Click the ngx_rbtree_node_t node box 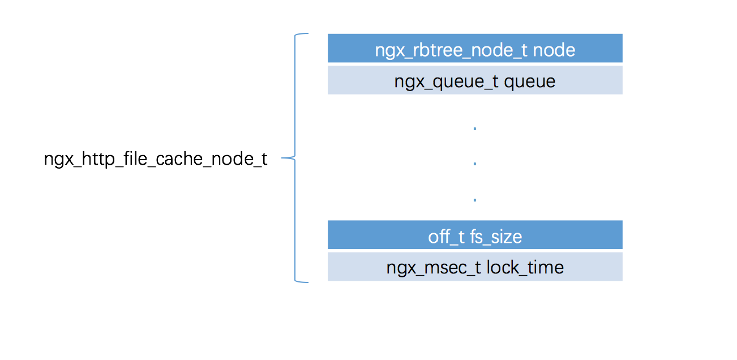(474, 48)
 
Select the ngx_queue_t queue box (474, 80)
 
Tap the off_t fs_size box (474, 235)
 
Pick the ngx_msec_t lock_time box (474, 267)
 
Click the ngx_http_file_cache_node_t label (156, 159)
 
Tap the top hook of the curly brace (303, 35)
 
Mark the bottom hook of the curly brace (303, 281)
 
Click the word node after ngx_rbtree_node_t (554, 50)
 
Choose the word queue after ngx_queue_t (529, 82)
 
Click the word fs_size (495, 237)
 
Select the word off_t (447, 237)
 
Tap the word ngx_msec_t (434, 267)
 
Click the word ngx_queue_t (447, 82)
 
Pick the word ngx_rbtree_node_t (452, 50)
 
